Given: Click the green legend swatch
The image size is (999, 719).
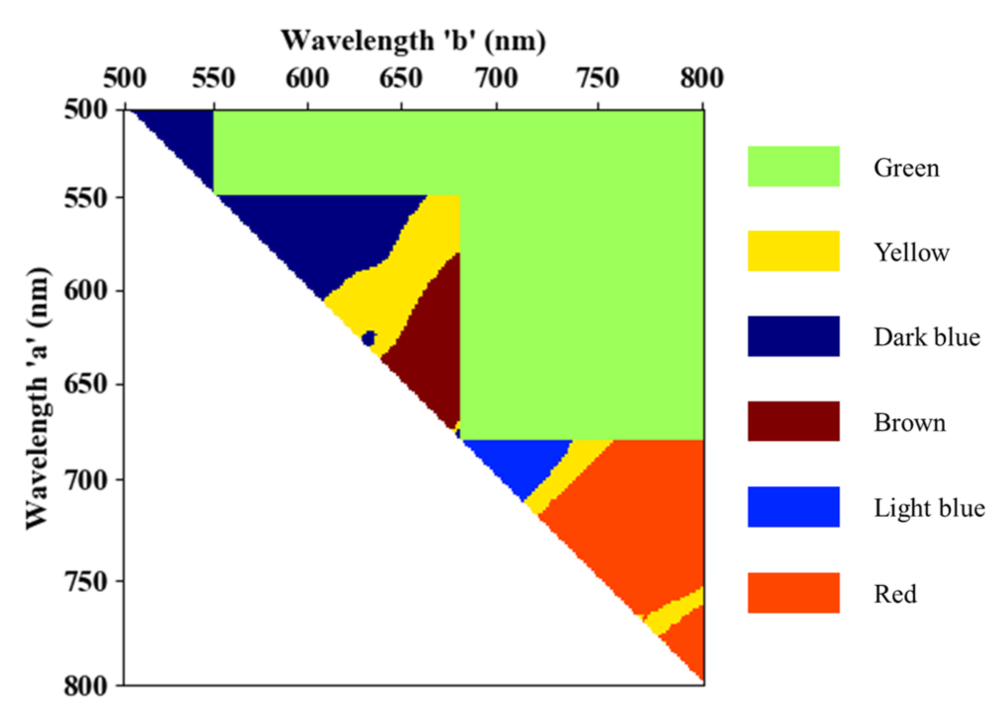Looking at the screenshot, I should pyautogui.click(x=793, y=166).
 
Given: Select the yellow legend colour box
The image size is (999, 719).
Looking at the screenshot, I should pyautogui.click(x=793, y=251).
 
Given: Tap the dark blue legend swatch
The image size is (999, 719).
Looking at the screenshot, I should pyautogui.click(x=793, y=336).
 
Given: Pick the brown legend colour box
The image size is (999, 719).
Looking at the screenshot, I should pyautogui.click(x=793, y=421).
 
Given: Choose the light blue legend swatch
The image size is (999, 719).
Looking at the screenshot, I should pyautogui.click(x=793, y=507).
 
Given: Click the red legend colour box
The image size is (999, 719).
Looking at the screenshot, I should pyautogui.click(x=793, y=593).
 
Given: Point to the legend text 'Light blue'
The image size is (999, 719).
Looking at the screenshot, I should pyautogui.click(x=929, y=508).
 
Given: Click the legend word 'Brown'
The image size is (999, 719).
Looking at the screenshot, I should pyautogui.click(x=910, y=423).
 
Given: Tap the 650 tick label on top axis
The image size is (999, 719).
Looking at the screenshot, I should pyautogui.click(x=401, y=78).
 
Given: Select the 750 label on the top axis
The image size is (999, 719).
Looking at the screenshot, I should pyautogui.click(x=598, y=78).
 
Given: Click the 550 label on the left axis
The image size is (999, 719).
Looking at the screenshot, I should pyautogui.click(x=86, y=199).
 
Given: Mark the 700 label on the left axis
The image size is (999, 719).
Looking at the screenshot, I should pyautogui.click(x=86, y=480).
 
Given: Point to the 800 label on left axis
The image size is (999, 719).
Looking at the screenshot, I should pyautogui.click(x=86, y=686).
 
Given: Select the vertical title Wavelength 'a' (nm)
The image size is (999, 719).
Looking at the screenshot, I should pyautogui.click(x=37, y=398).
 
